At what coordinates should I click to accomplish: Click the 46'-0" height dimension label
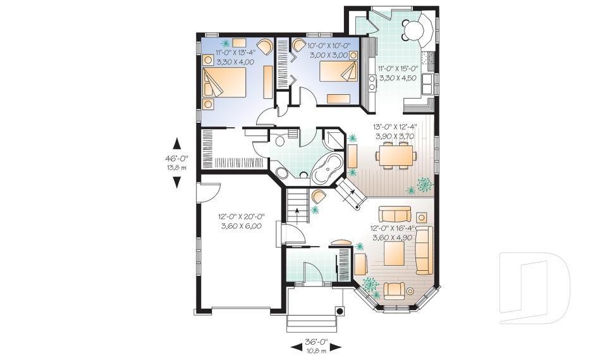tap(176, 159)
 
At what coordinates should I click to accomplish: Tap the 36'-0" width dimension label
tap(316, 342)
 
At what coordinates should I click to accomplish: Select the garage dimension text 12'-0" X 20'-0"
tap(241, 217)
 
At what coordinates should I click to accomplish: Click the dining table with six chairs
tap(396, 155)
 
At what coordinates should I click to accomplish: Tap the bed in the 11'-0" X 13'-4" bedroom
tap(224, 82)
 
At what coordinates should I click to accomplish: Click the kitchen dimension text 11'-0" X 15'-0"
tap(398, 69)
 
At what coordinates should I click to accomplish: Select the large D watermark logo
tap(535, 288)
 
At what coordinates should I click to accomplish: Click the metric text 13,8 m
tap(176, 168)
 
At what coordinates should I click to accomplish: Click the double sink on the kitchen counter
tap(427, 84)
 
